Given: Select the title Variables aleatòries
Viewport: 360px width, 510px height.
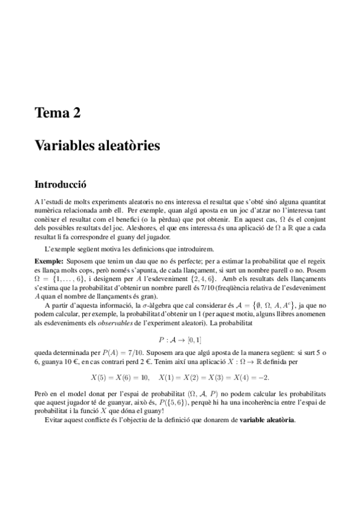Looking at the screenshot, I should (x=97, y=146).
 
